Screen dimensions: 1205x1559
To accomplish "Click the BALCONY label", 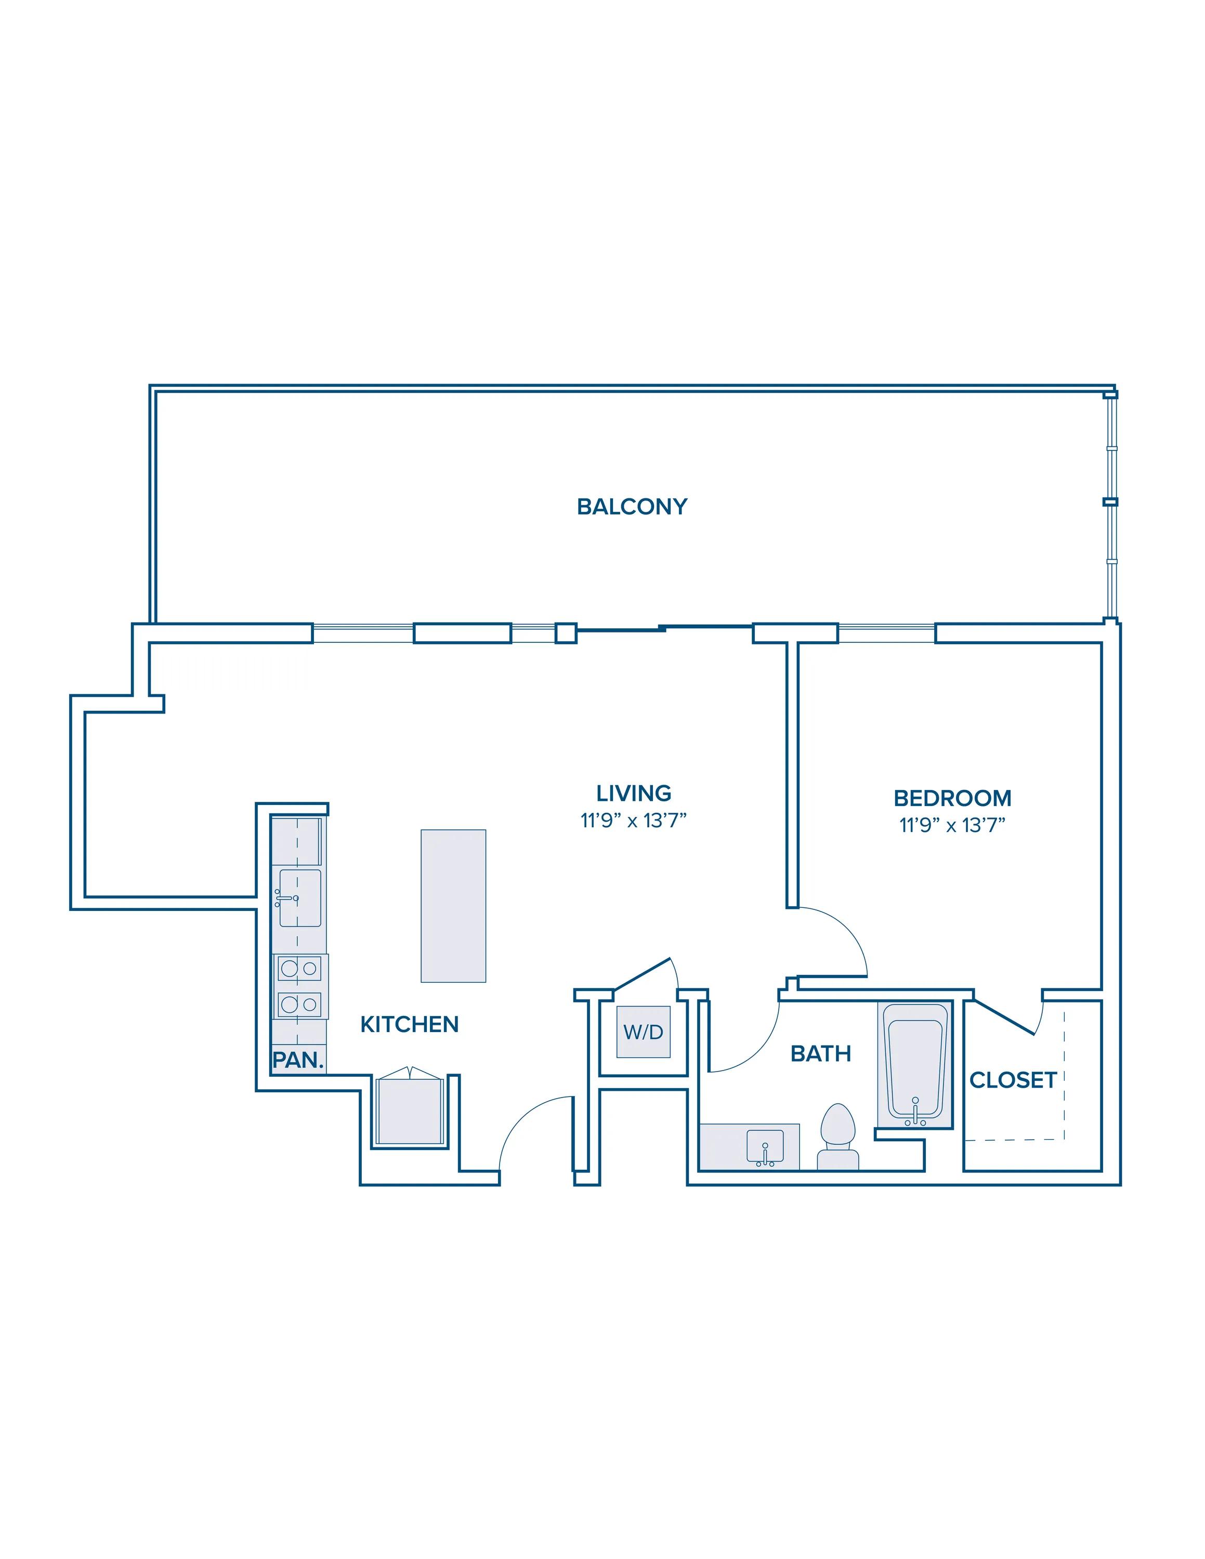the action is (632, 506).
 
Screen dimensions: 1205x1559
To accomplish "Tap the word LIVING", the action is (634, 793).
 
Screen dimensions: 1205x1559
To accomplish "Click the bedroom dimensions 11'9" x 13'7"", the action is (952, 825).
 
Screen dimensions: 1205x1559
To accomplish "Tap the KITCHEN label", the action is (409, 1024).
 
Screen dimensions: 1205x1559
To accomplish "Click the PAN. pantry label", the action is (298, 1060).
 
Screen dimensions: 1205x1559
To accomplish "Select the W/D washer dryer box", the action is (643, 1032).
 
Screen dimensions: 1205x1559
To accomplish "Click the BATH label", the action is (821, 1053).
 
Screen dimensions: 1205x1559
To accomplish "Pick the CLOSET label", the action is (1013, 1080).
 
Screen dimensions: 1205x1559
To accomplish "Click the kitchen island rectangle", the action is (453, 906).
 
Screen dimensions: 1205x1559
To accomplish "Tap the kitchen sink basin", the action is (300, 898).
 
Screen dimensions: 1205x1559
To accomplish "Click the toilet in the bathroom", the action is (838, 1137).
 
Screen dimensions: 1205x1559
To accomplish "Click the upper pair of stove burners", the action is (299, 969).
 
